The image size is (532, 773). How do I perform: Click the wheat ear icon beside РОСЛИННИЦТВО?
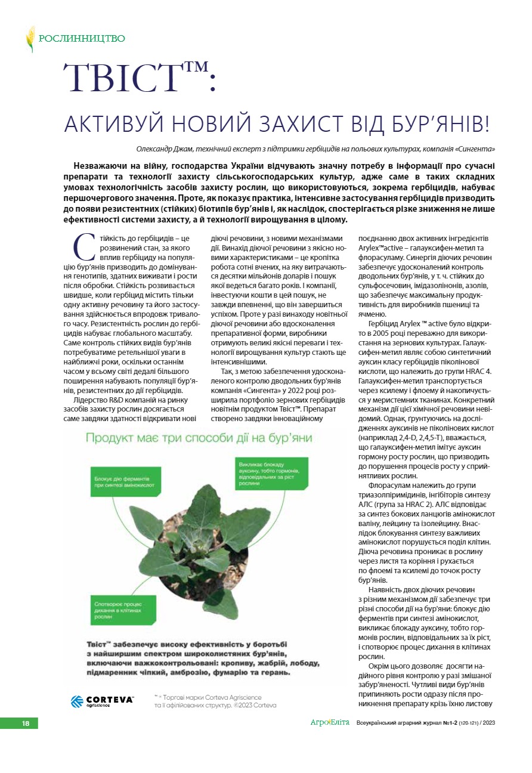[x=30, y=39]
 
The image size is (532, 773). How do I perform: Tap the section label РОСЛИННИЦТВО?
[x=82, y=39]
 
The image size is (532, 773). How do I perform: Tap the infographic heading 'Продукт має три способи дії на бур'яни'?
[x=199, y=439]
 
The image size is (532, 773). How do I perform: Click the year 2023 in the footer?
[x=488, y=723]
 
